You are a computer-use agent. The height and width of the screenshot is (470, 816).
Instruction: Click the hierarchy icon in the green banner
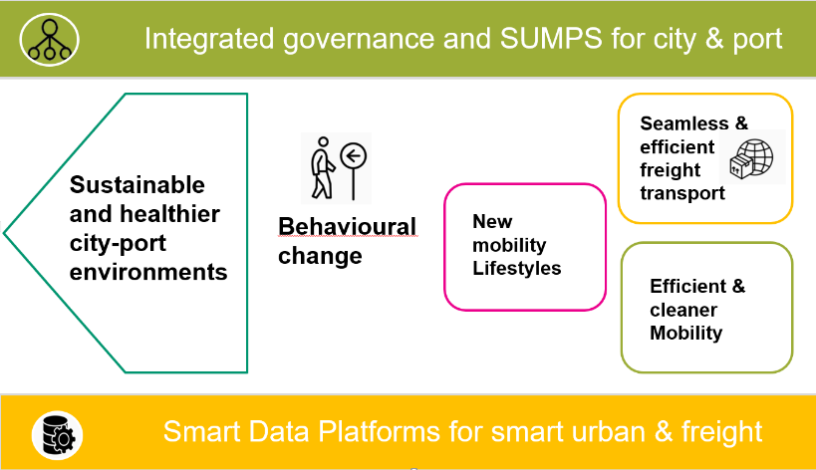coord(50,40)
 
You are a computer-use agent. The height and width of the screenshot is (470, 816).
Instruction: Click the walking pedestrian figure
coord(323,168)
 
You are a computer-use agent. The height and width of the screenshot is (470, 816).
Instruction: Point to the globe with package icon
coord(751,159)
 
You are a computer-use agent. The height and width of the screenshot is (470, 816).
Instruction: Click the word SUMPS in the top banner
coord(551,39)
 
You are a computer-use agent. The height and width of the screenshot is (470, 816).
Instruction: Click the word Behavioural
coord(347,227)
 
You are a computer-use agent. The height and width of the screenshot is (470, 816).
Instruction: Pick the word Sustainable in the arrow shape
coord(137,185)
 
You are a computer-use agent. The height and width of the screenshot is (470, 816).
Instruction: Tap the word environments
coord(148,272)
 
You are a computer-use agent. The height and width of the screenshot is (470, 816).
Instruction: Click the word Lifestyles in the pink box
coord(517,268)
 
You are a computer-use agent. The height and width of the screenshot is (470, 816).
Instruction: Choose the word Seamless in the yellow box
coord(684,123)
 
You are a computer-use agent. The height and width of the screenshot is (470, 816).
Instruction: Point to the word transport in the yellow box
coord(682,193)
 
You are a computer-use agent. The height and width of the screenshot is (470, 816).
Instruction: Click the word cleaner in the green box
coord(683,310)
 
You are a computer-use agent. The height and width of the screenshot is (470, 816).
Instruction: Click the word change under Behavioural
coord(320,256)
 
